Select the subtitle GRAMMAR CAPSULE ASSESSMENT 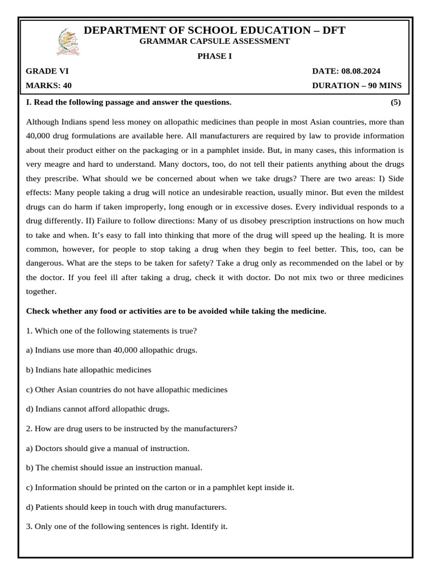[x=214, y=41]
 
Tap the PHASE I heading [x=214, y=56]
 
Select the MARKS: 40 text [x=49, y=86]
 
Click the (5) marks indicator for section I [x=395, y=102]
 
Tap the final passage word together [x=42, y=291]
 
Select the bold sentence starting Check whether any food [x=176, y=311]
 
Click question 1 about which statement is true [x=111, y=331]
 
